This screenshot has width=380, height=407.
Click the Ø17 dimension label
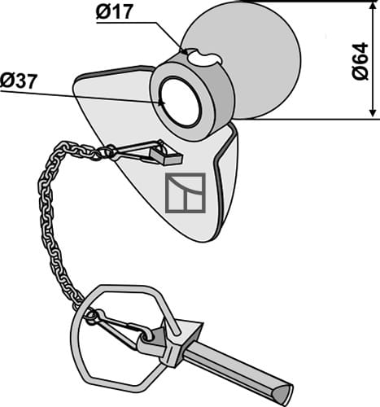(115, 12)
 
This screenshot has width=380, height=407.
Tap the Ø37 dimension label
(18, 81)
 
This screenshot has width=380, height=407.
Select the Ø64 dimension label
(360, 61)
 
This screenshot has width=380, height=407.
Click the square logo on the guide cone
(186, 193)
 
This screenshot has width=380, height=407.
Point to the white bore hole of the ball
(180, 103)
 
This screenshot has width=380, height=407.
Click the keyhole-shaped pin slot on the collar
(205, 57)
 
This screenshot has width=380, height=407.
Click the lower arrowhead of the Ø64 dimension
(373, 112)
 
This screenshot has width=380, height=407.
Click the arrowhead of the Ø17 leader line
(184, 51)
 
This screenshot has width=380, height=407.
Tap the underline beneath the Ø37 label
(81, 97)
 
